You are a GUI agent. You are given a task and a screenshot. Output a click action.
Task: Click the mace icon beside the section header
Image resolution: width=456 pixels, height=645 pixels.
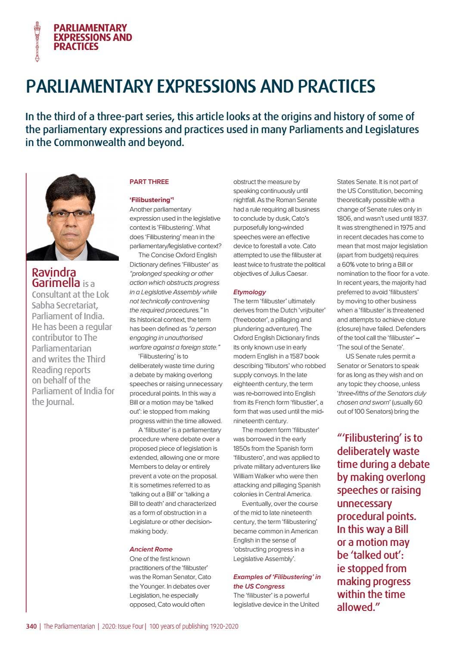pos(37,41)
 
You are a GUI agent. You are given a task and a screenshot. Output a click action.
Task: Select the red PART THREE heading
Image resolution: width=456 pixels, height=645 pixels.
pos(149,182)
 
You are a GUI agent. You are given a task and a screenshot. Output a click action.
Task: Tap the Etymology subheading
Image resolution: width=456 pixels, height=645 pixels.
pos(249,292)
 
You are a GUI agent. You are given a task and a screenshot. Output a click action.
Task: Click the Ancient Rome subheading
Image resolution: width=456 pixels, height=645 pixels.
pos(151,549)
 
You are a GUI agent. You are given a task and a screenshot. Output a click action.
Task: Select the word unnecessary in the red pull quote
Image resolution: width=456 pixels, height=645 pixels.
pos(364,504)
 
